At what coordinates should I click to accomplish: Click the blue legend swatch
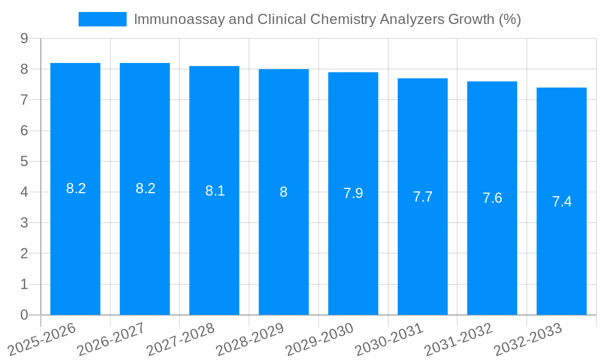coord(103,19)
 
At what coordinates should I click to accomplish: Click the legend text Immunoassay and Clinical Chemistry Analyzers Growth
coord(327,19)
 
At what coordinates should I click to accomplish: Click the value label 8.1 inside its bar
coord(215,191)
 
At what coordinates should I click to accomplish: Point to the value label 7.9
coord(353,193)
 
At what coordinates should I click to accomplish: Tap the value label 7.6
coord(492,198)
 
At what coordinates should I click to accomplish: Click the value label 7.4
coord(562,202)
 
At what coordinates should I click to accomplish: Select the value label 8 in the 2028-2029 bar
coord(283,192)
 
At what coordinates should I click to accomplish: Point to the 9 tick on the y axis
coord(24,38)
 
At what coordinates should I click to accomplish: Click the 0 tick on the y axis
coord(24,315)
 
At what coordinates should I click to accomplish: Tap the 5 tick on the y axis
coord(24,161)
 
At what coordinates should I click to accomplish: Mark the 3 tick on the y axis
coord(24,223)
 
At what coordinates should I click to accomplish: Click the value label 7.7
coord(422,197)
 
